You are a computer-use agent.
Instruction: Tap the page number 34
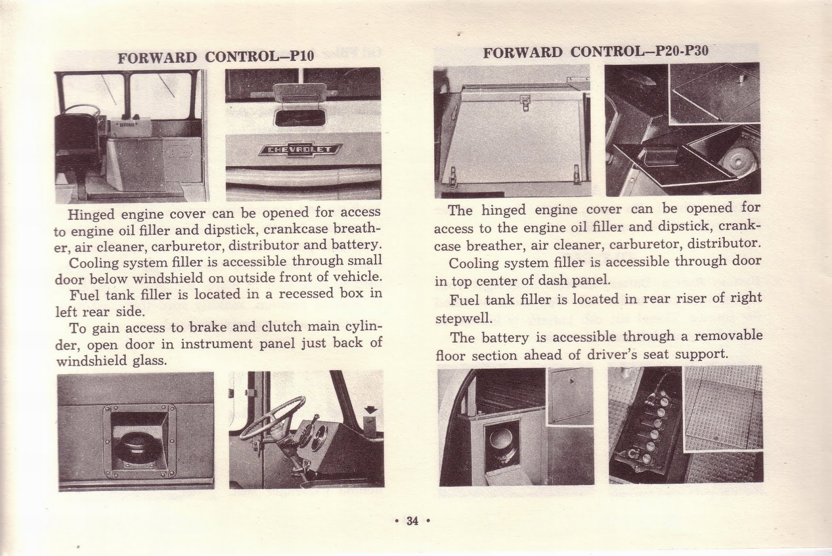tap(412, 521)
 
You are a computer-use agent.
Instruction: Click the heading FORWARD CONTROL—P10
tap(216, 56)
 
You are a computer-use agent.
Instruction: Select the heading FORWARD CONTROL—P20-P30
tap(595, 52)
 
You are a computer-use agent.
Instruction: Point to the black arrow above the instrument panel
tap(371, 410)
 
